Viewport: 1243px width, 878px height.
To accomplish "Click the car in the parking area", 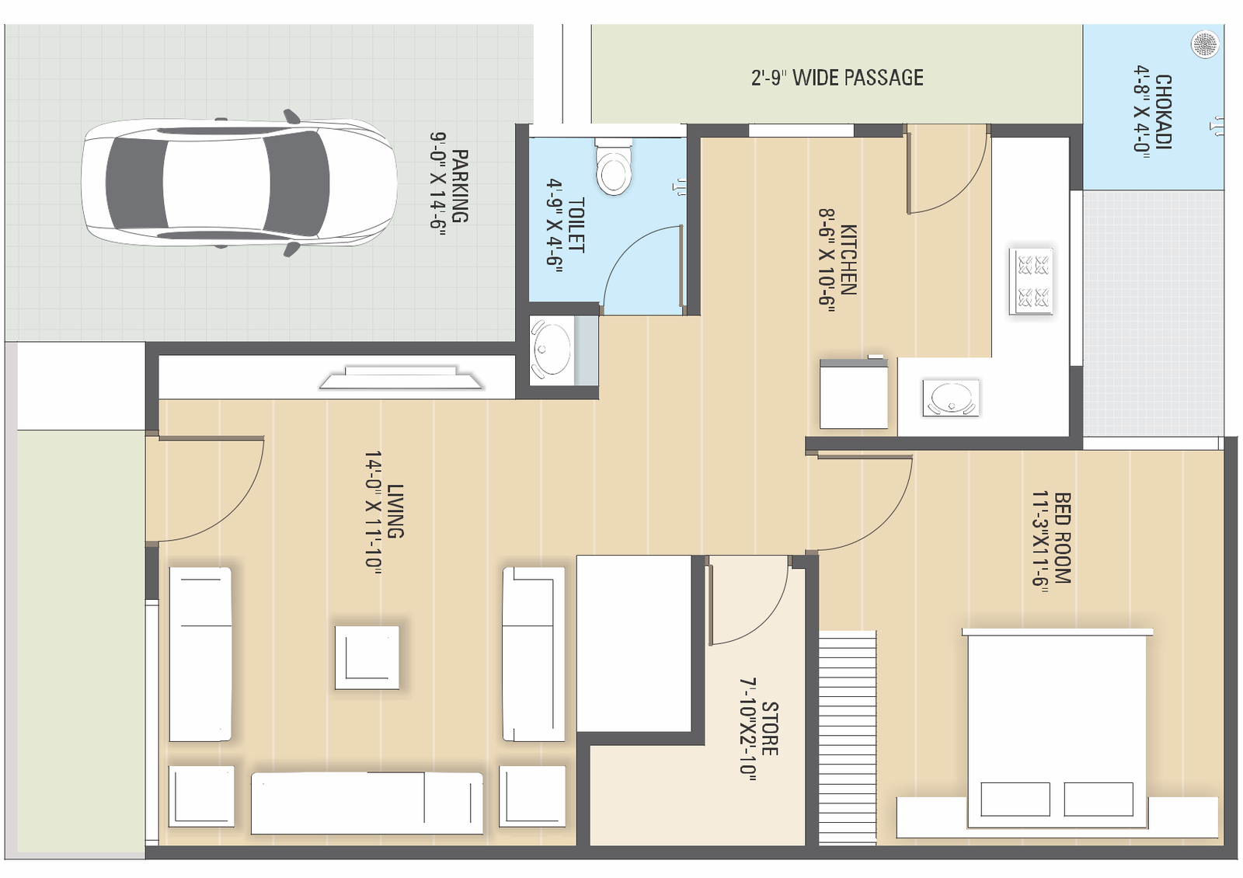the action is coord(239,183).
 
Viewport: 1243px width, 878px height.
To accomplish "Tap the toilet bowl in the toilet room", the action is coord(613,165).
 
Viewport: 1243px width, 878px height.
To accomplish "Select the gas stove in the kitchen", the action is coord(1031,282).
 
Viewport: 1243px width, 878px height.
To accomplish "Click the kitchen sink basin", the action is coord(951,397).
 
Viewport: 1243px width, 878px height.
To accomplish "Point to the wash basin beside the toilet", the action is coord(551,350).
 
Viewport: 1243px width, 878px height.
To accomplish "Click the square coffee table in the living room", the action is coord(367,657).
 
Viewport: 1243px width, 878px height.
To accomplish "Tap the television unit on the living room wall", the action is coord(401,377).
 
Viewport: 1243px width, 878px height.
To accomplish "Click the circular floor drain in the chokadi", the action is coord(1205,44).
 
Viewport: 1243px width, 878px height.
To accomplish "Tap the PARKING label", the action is coord(459,186).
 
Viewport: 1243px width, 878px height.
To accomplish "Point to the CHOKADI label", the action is coord(1163,112).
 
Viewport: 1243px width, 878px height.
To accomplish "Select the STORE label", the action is coord(770,728).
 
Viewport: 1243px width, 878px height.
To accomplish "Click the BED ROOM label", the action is coord(1061,538).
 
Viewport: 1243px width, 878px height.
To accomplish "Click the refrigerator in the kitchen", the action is coord(854,393).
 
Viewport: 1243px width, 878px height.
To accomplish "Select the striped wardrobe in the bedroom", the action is coord(848,737).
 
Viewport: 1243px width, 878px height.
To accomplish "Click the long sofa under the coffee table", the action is coord(367,803).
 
